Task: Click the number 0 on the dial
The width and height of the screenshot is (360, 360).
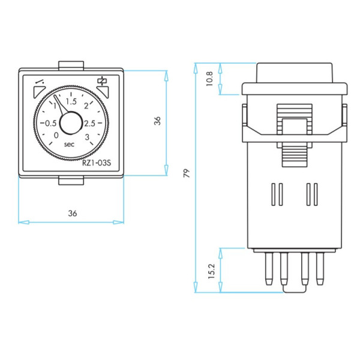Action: tap(56, 136)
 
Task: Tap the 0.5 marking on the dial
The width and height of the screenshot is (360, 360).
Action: tap(47, 122)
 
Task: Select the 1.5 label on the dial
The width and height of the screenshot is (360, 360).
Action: tap(71, 100)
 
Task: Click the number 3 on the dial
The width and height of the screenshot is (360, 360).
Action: tap(88, 137)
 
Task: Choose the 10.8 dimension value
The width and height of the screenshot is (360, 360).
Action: tap(209, 78)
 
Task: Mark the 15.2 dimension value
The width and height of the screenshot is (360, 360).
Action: tap(209, 271)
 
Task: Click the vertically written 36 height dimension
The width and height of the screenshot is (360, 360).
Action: tap(157, 121)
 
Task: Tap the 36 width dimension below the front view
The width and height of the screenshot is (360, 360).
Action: tap(72, 213)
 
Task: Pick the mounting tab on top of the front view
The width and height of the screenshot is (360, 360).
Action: tap(71, 65)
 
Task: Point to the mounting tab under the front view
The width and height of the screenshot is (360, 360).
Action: tap(71, 181)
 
